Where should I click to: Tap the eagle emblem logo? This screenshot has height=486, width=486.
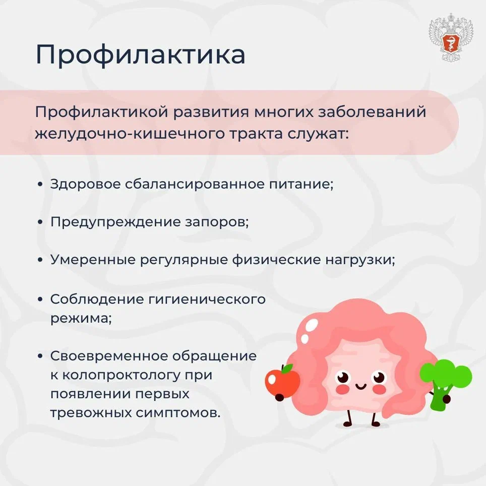[x=451, y=37]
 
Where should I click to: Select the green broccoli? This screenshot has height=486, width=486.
[x=445, y=384]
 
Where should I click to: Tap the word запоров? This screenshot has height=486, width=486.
[x=217, y=222]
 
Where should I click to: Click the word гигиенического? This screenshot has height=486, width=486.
[x=207, y=300]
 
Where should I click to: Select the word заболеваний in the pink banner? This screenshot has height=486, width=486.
[x=372, y=112]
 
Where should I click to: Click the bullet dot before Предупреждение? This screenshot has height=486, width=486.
[x=40, y=222]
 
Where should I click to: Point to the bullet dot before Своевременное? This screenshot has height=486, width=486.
[x=40, y=356]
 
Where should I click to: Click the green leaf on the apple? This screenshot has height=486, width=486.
[x=287, y=368]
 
